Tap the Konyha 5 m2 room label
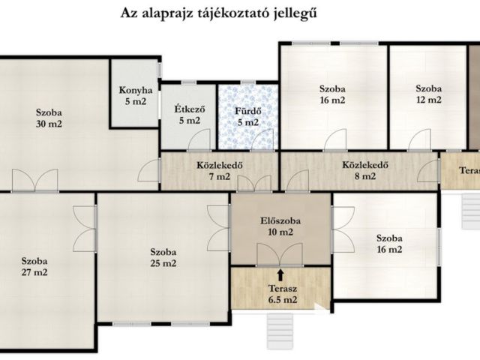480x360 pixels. click(x=136, y=97)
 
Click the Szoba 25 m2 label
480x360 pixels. click(x=163, y=257)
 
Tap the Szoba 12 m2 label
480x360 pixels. click(x=428, y=93)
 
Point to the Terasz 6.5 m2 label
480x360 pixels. click(x=282, y=294)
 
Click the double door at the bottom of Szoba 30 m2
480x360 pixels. click(x=34, y=180)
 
